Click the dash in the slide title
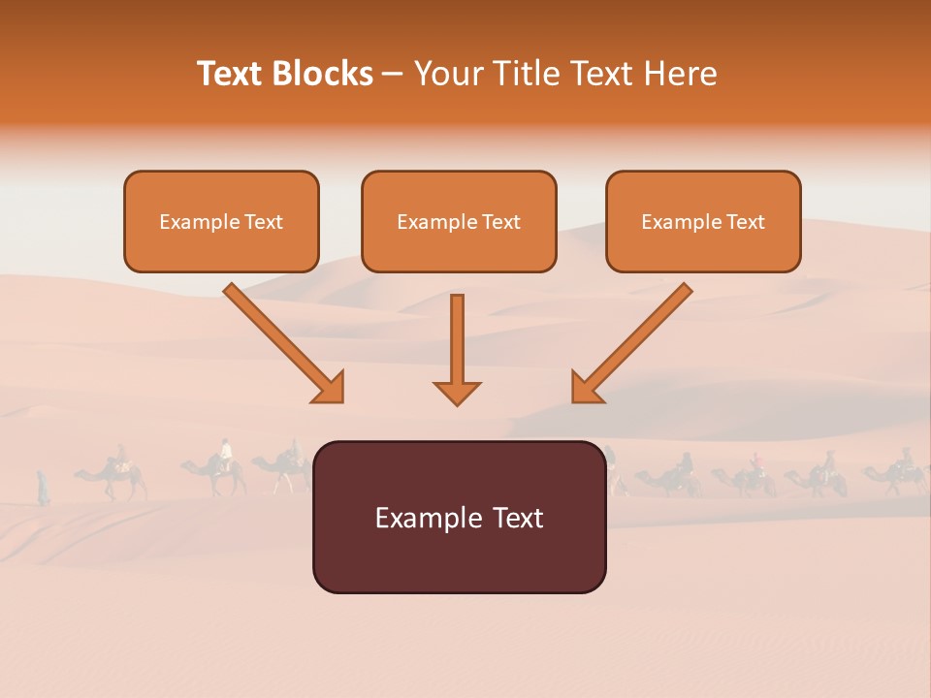393,75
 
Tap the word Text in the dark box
516,518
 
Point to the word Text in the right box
746,222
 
